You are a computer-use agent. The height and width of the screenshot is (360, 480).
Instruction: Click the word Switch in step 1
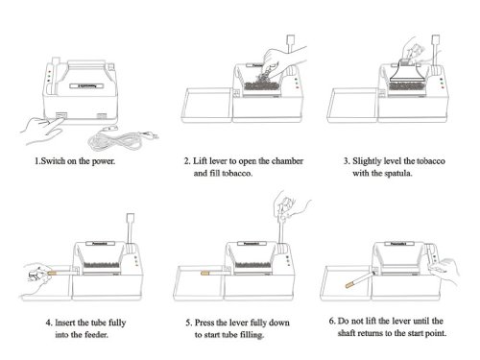(53, 161)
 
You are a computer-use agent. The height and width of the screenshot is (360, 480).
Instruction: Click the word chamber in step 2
(287, 161)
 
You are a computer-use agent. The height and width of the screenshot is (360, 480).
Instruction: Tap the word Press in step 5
(204, 323)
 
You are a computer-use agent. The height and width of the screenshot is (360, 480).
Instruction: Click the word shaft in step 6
(347, 333)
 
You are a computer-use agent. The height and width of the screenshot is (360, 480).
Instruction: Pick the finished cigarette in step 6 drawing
(360, 279)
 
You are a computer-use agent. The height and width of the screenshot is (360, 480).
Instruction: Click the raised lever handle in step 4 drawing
(131, 219)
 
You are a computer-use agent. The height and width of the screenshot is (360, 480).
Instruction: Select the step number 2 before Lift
(186, 161)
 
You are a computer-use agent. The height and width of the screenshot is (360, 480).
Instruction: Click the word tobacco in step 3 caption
(431, 161)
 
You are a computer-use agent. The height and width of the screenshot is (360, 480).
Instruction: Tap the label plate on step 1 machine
(86, 85)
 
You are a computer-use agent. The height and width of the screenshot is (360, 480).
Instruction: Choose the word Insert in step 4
(65, 323)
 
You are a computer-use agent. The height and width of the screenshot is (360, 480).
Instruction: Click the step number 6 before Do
(332, 321)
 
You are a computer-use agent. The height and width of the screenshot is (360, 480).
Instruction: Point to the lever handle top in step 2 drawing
(291, 40)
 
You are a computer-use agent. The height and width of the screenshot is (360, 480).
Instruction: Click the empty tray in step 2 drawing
(206, 106)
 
